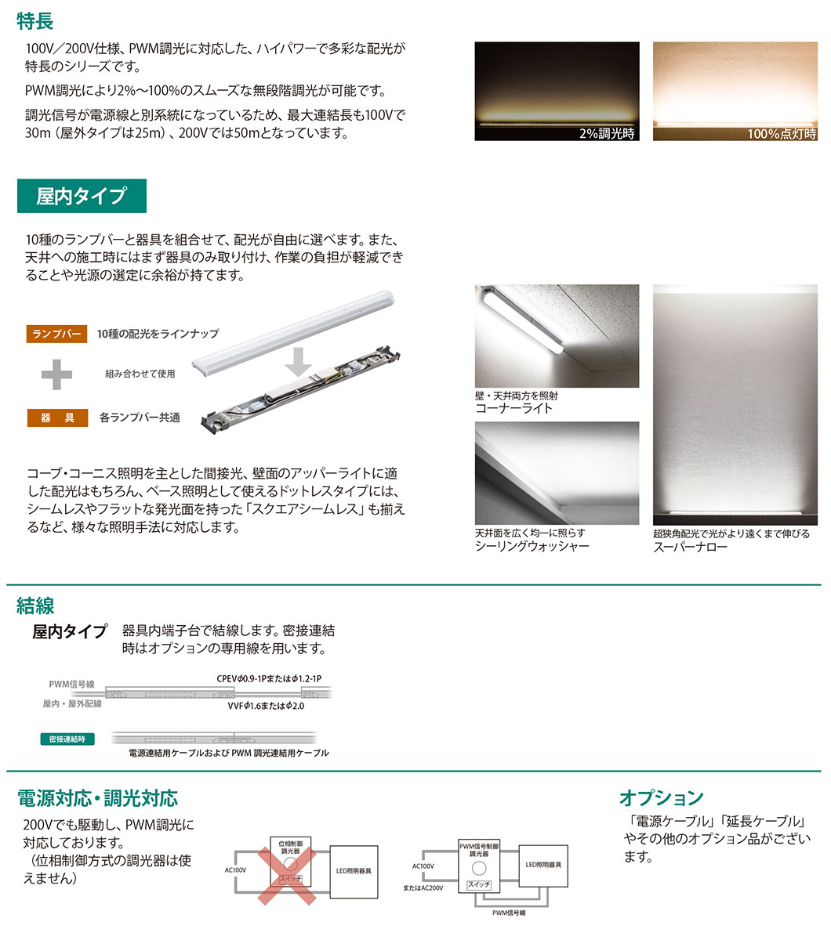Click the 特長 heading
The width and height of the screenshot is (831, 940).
click(x=35, y=20)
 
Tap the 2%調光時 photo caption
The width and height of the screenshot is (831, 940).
click(x=606, y=134)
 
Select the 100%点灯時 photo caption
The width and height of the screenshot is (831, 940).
click(x=781, y=134)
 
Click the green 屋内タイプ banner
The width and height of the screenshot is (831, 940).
click(x=82, y=196)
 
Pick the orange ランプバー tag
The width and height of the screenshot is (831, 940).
click(x=56, y=334)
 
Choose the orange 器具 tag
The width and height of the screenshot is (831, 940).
click(x=56, y=418)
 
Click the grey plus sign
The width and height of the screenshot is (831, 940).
click(x=56, y=375)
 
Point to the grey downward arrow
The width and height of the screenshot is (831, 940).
click(x=298, y=362)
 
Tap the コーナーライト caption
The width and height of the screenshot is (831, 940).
click(x=513, y=408)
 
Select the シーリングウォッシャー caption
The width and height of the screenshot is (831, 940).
click(x=532, y=546)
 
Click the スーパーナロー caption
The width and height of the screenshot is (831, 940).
click(x=690, y=547)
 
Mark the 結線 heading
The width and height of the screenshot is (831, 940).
click(x=35, y=605)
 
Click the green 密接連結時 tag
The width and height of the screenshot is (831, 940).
click(x=67, y=739)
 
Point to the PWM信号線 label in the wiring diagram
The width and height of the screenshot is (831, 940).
click(x=71, y=685)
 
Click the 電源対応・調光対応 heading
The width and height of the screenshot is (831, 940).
click(x=97, y=798)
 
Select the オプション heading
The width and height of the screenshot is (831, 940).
click(x=661, y=797)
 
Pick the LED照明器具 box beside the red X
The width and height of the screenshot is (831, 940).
click(x=354, y=870)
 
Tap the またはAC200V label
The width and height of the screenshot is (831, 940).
click(x=423, y=888)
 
